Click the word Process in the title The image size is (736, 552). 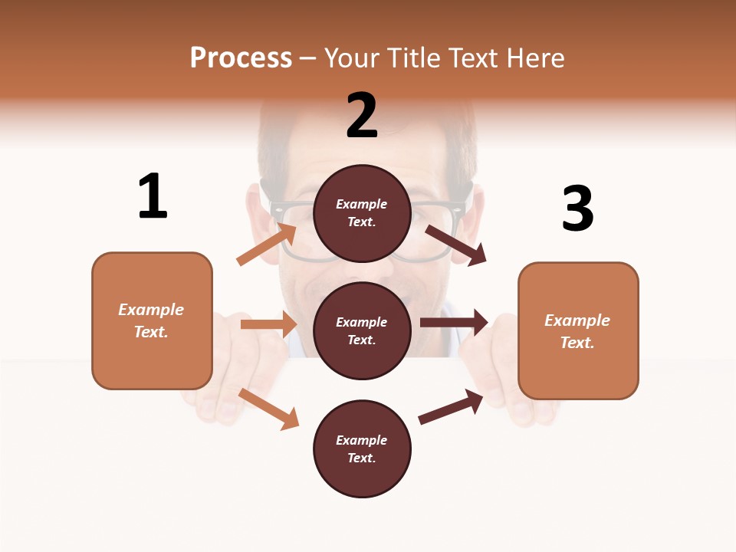(x=241, y=58)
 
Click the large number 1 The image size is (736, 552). (x=153, y=196)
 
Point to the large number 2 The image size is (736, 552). (x=362, y=116)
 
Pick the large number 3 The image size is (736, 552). (x=577, y=209)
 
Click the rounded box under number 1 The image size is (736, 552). (x=152, y=320)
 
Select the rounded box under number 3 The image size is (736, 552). (x=578, y=331)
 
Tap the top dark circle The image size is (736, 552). (x=362, y=213)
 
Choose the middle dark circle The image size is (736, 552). (x=362, y=330)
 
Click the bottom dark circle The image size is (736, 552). (x=362, y=449)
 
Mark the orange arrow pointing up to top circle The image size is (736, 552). (x=267, y=245)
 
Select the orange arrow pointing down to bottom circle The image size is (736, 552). (x=268, y=409)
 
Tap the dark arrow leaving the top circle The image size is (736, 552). (x=455, y=245)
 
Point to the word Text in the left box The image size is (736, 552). (x=151, y=333)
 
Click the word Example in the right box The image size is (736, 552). (x=577, y=320)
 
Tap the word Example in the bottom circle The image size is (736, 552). (x=362, y=440)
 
